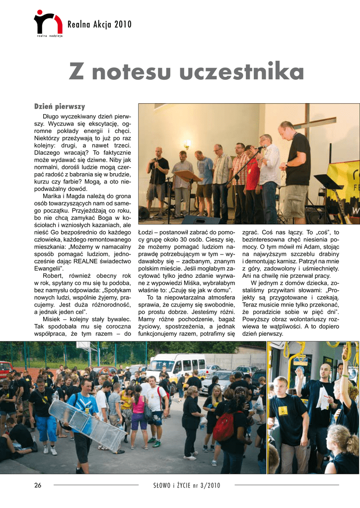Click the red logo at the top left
tap(48, 23)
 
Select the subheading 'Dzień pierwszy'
tap(60, 107)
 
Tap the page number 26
tap(38, 485)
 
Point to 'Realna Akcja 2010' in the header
tap(99, 24)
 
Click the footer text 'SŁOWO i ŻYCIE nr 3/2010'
tap(187, 485)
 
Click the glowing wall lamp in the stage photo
tap(187, 144)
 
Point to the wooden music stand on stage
tap(188, 176)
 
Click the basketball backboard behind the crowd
tap(83, 348)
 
